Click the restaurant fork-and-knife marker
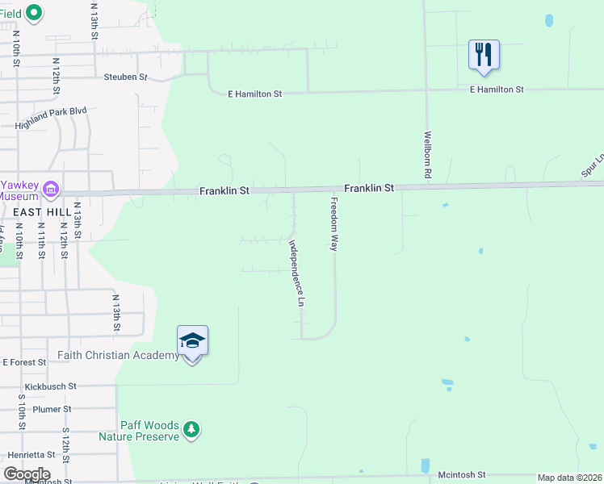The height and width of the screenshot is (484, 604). pos(484,55)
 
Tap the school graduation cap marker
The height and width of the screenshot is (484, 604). pos(192,341)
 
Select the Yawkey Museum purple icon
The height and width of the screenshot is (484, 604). pos(51,190)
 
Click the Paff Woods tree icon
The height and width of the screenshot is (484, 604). pos(191,429)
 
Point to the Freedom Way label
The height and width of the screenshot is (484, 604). pos(333,223)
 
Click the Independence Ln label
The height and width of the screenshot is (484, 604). pos(296,274)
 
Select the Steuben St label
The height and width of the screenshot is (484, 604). pos(125,77)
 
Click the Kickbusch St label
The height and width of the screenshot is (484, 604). pos(50,387)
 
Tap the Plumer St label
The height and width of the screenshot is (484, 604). pos(52,409)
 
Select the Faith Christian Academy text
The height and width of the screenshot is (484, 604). pos(119,355)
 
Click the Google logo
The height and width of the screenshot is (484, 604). pos(27,474)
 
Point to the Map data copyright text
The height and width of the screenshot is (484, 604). pos(570,478)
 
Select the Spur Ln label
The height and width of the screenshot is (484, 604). pos(592,166)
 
